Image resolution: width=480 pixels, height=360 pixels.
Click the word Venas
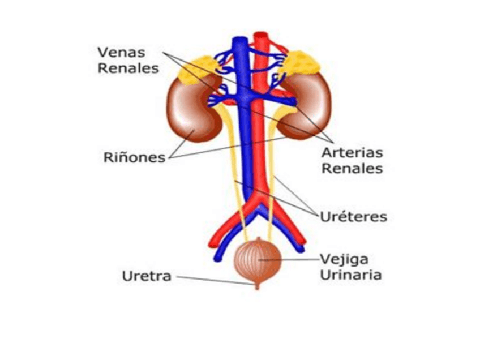121,52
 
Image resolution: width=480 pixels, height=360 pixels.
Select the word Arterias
352,153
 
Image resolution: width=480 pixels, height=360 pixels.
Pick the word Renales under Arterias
352,168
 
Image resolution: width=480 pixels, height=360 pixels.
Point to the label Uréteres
353,217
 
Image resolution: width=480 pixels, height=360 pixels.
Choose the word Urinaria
350,275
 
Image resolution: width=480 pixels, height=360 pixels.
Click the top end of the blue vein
240,41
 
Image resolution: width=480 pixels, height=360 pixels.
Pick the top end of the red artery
262,37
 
